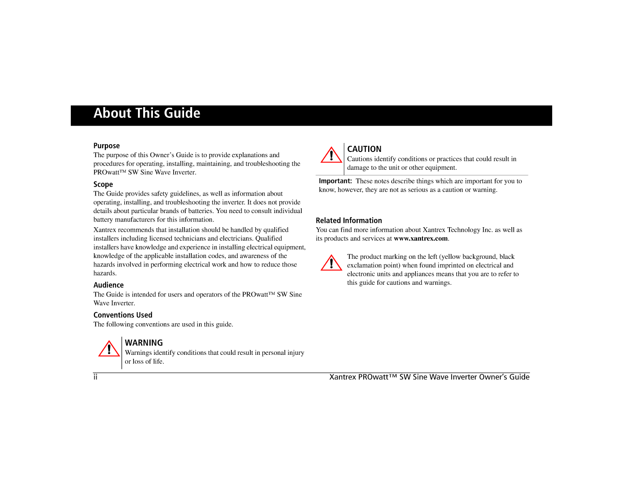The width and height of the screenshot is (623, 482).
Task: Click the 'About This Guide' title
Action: point(147,113)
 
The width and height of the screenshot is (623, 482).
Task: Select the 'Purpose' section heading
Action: point(106,146)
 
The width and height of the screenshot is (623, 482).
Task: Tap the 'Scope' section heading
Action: point(103,185)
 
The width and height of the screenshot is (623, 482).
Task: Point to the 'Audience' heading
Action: point(108,285)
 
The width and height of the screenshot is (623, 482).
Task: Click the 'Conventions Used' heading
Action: point(123,315)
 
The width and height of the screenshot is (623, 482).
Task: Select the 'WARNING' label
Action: point(144,343)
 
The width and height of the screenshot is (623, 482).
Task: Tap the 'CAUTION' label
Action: point(364,149)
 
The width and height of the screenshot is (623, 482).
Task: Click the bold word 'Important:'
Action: point(335,181)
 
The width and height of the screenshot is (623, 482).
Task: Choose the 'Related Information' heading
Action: point(349,221)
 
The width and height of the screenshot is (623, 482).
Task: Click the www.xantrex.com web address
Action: point(421,239)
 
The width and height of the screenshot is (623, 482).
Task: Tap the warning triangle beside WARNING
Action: point(109,349)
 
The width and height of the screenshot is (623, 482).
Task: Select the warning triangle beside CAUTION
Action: point(331,155)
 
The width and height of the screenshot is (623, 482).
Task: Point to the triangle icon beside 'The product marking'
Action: point(331,263)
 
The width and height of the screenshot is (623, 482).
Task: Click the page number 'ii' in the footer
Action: point(95,377)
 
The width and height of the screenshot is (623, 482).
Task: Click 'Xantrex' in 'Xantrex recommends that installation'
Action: point(105,230)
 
